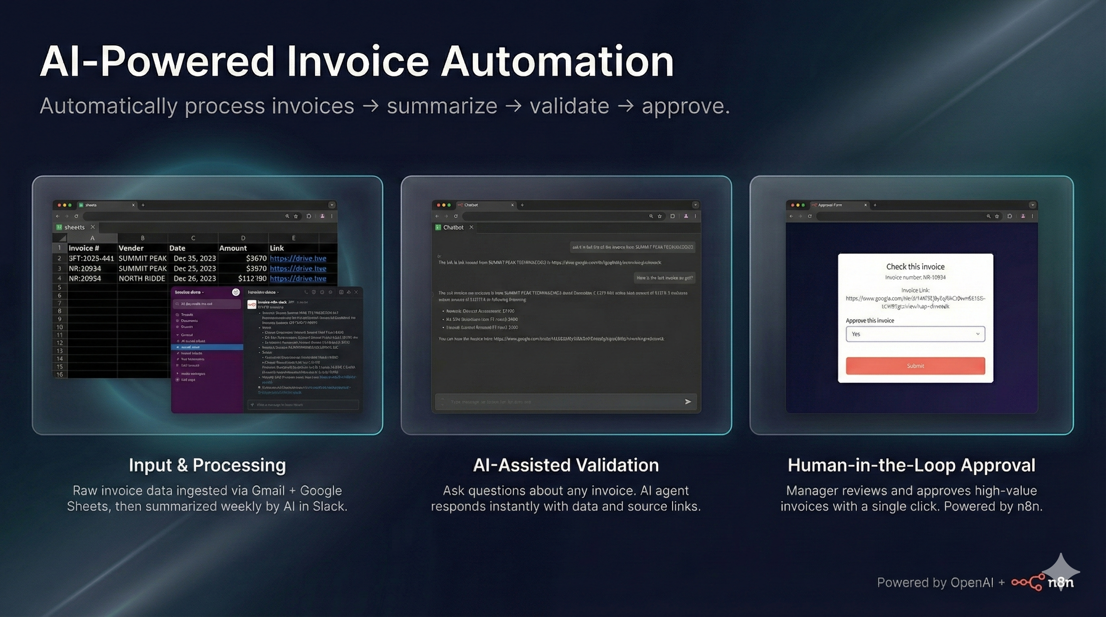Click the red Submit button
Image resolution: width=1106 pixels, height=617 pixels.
(x=915, y=366)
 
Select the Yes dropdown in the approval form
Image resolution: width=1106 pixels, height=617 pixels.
(x=915, y=334)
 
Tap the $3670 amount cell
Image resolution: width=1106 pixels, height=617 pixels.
(x=256, y=258)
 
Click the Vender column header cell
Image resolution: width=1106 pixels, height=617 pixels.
(x=131, y=248)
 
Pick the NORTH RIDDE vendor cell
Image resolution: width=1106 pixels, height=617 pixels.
(x=142, y=278)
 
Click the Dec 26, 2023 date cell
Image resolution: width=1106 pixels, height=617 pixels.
(x=195, y=278)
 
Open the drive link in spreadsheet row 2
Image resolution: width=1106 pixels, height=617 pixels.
(x=298, y=258)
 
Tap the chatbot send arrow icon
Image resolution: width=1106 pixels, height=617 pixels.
(x=688, y=402)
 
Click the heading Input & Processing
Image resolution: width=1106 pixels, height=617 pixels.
(x=207, y=465)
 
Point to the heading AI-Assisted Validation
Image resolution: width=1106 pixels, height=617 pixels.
(x=565, y=465)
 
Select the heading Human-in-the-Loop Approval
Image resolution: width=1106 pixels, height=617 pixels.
(x=911, y=465)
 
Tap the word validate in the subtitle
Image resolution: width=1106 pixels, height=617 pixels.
(x=569, y=106)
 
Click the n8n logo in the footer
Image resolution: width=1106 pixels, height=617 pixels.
(x=1043, y=582)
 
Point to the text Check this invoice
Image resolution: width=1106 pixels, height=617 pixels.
(x=915, y=266)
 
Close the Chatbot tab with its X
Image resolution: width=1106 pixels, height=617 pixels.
(x=471, y=227)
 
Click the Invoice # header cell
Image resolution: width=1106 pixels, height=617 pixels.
(x=84, y=248)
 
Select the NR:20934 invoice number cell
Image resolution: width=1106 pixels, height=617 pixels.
(x=85, y=269)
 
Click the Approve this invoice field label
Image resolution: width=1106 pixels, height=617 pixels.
(x=870, y=321)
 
